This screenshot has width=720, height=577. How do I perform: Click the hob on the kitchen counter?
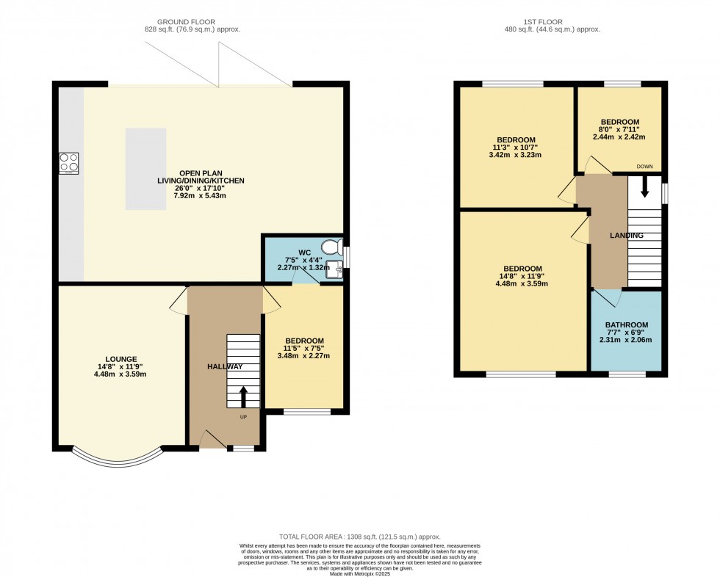point(68,162)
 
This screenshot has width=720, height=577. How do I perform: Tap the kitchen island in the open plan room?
point(145,169)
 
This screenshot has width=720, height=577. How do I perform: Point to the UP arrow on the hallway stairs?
point(243,396)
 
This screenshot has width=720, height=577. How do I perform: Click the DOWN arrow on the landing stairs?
point(645,188)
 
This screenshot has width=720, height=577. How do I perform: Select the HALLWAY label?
point(225,366)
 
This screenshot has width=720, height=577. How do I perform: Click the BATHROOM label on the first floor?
point(627,325)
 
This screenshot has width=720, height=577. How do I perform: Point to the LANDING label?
point(627,236)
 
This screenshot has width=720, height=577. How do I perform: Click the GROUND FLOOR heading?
point(192,21)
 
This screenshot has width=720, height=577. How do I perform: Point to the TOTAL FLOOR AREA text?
point(359,537)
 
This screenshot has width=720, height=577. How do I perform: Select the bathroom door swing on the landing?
point(608,298)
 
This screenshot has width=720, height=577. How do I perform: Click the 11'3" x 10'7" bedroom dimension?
point(516,148)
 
